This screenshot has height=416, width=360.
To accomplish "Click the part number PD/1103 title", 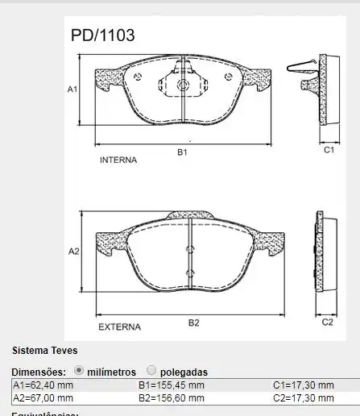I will (x=102, y=35).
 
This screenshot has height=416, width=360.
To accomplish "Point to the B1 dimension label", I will (x=183, y=151).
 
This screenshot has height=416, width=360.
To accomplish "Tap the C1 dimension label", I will (x=329, y=150).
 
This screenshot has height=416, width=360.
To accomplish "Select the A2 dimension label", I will (x=73, y=252).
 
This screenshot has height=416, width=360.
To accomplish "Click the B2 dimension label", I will (x=193, y=322).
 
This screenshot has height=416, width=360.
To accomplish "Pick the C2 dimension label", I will (x=328, y=322).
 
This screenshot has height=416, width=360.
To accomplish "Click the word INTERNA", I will (x=118, y=160).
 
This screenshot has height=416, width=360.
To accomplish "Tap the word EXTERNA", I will (x=119, y=327).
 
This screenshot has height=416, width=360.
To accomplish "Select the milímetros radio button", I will (x=79, y=371).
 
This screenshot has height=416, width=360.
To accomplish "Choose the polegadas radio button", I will (x=151, y=371).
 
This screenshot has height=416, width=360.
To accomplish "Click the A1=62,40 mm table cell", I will (x=43, y=385).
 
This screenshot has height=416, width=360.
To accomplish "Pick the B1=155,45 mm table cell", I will (x=172, y=385).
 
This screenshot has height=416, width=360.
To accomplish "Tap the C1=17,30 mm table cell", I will (x=303, y=385).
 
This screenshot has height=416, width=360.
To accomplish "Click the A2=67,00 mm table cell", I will (x=43, y=397).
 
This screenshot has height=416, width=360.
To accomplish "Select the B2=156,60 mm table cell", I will (x=172, y=397).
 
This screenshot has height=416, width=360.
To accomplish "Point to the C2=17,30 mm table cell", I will (x=303, y=397).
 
